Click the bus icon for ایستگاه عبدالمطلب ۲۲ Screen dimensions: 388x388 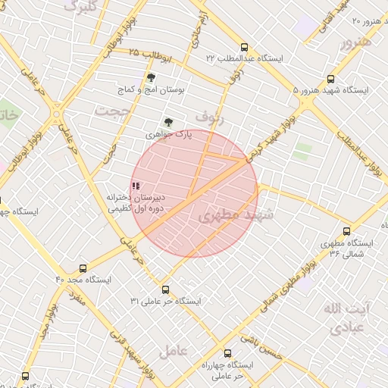243,47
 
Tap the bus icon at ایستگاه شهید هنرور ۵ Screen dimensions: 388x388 330,79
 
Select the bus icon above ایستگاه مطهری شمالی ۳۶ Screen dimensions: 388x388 346,231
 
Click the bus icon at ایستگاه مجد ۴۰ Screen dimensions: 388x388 83,268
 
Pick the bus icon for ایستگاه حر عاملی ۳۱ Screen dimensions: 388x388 165,289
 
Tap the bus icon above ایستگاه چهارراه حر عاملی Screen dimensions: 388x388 228,353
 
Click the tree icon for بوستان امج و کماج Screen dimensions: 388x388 152,77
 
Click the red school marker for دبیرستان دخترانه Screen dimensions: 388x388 135,185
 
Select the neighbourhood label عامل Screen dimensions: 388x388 174,351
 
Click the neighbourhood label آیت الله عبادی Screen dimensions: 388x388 346,318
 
